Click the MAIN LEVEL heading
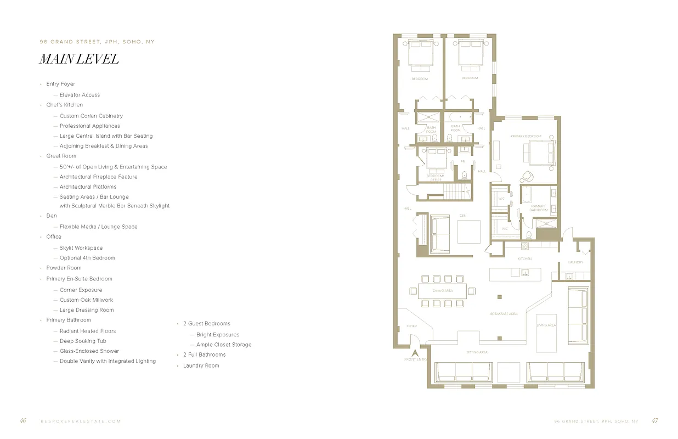pyautogui.click(x=79, y=59)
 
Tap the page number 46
pyautogui.click(x=23, y=421)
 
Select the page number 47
pyautogui.click(x=654, y=421)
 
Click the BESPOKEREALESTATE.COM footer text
pyautogui.click(x=81, y=421)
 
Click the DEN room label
pyautogui.click(x=462, y=216)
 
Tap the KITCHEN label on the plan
pyautogui.click(x=525, y=258)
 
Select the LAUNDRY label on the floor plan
pyautogui.click(x=575, y=262)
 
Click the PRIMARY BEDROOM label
pyautogui.click(x=526, y=136)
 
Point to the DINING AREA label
pyautogui.click(x=443, y=290)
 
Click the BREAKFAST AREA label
pyautogui.click(x=504, y=314)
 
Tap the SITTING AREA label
pyautogui.click(x=477, y=352)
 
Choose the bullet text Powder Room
pyautogui.click(x=64, y=268)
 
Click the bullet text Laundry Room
pyautogui.click(x=201, y=365)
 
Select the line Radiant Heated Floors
pyautogui.click(x=88, y=331)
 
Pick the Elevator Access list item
pyautogui.click(x=80, y=95)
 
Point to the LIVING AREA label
pyautogui.click(x=546, y=325)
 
